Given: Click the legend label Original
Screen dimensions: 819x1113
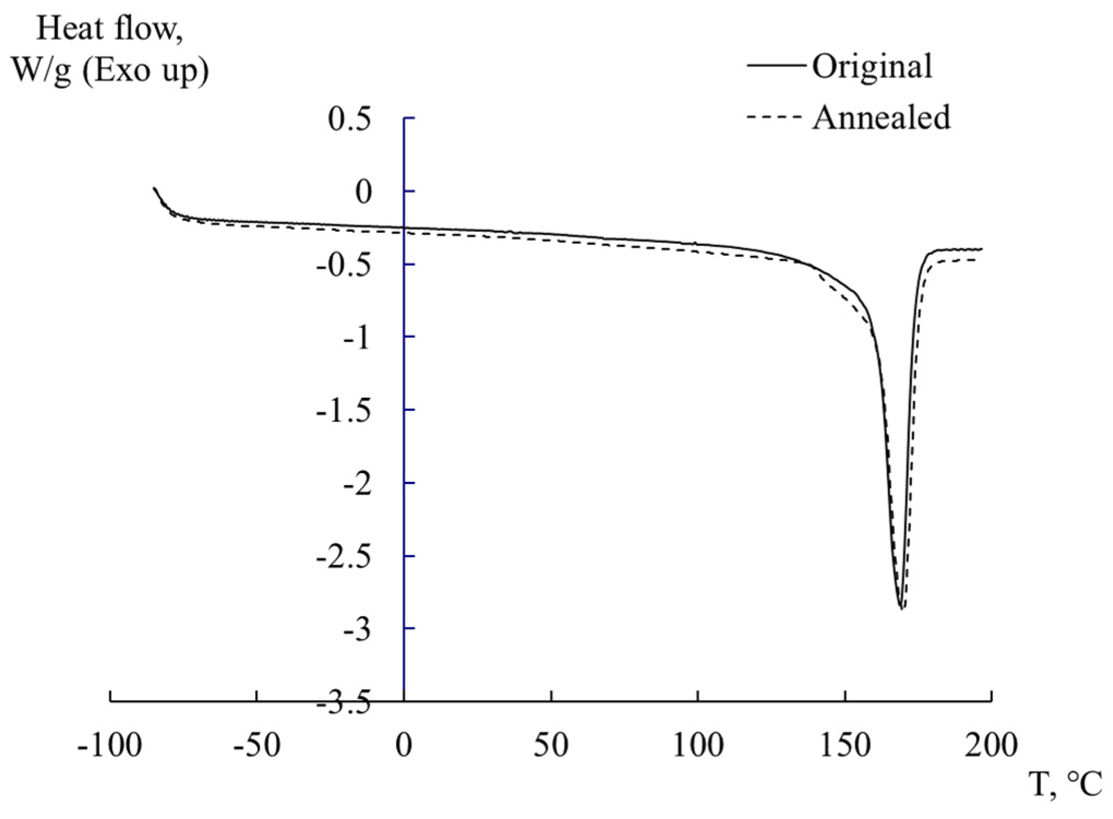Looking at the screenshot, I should tap(872, 67).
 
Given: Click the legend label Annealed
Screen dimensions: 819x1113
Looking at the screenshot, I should tap(881, 118).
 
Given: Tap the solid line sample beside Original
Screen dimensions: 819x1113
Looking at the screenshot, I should tap(776, 65).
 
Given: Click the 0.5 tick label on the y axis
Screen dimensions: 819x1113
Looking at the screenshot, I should tap(349, 119).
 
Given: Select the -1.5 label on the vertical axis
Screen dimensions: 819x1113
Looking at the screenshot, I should tap(343, 410).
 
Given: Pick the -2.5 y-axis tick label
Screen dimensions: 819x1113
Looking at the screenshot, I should tap(343, 557).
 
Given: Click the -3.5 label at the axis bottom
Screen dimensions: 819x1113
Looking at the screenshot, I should tap(343, 704).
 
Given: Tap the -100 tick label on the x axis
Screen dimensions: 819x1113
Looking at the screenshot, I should tap(110, 745).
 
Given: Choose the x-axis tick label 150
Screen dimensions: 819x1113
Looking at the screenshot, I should tap(845, 745).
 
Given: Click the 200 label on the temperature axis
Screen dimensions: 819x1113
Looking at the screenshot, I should tap(991, 745).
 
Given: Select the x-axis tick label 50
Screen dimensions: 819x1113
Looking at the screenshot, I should tap(551, 745).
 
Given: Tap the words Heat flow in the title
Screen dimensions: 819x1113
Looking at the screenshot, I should tap(109, 28).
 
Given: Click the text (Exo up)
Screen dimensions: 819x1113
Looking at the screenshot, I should tap(146, 71).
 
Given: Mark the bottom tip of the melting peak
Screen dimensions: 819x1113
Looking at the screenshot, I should tap(901, 608).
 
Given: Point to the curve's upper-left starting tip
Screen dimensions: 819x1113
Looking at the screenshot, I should tap(154, 188).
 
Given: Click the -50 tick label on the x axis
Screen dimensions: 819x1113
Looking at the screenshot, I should tap(256, 745).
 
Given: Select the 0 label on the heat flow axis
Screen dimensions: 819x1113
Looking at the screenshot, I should tap(363, 192).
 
